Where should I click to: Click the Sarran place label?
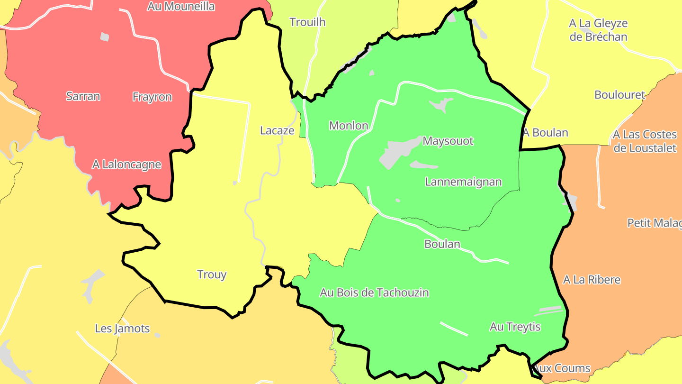tap(83, 96)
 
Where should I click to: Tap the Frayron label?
tap(152, 97)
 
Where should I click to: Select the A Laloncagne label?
tap(126, 165)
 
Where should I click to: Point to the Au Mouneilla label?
tap(181, 7)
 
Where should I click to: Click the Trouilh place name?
tap(307, 22)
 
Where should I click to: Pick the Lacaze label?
tap(277, 130)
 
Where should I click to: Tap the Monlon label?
tap(349, 126)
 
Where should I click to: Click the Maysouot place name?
tap(448, 141)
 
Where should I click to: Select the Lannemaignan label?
tap(463, 182)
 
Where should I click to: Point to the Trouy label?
tap(212, 274)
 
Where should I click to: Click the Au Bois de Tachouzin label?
tap(374, 293)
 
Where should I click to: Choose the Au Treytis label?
tap(515, 327)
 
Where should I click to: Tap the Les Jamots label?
tap(122, 329)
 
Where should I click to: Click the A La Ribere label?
tap(592, 280)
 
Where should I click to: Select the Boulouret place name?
tap(619, 95)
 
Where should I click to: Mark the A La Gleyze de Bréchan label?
tap(598, 30)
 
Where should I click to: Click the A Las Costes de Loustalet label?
tap(645, 141)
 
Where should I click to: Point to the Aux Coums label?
tap(562, 368)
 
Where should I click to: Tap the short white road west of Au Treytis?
tap(454, 329)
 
